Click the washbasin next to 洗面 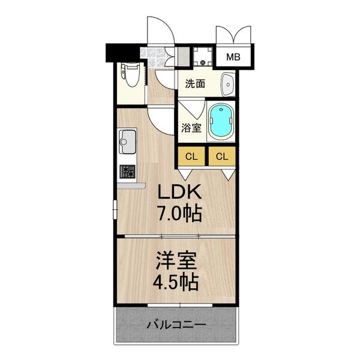[227, 85]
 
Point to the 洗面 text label [194, 84]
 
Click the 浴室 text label [191, 128]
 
